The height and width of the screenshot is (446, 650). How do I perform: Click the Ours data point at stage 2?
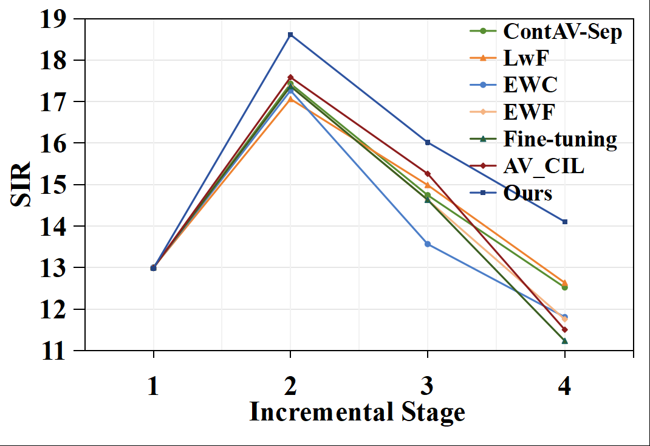(x=290, y=35)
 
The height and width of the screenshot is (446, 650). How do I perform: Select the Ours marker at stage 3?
(x=428, y=142)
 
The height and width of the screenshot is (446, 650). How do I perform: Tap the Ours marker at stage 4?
(x=565, y=222)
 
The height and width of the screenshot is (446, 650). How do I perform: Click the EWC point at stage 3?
(x=428, y=244)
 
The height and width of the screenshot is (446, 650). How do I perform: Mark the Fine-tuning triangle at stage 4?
(x=565, y=341)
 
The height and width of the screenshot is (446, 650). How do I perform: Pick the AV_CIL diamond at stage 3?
(x=428, y=174)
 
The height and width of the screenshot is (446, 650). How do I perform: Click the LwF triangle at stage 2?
(x=290, y=98)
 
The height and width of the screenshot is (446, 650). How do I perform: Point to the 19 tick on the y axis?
(x=54, y=19)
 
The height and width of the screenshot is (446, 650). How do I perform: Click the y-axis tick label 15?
(x=54, y=185)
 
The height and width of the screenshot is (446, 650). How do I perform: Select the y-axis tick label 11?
(x=54, y=351)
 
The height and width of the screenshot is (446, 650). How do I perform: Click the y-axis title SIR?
(x=21, y=185)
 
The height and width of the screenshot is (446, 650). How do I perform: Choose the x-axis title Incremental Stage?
(x=358, y=413)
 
